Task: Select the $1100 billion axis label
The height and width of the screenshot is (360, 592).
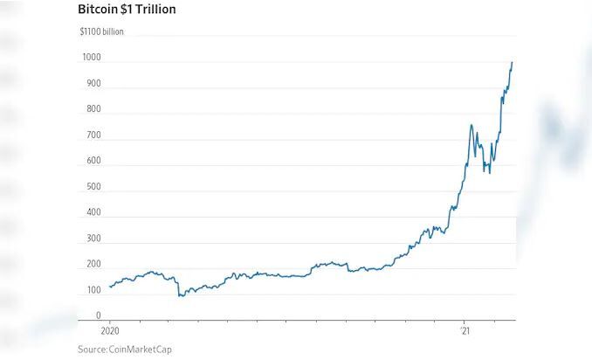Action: click(101, 31)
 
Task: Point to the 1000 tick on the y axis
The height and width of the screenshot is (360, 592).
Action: click(92, 59)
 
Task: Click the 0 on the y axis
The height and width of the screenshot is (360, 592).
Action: click(98, 316)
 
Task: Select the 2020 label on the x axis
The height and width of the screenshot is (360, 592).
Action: click(111, 333)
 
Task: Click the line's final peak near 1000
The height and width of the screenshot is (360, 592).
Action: click(512, 62)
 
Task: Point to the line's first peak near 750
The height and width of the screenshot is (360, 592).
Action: click(472, 125)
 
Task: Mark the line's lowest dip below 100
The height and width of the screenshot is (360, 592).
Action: click(181, 296)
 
